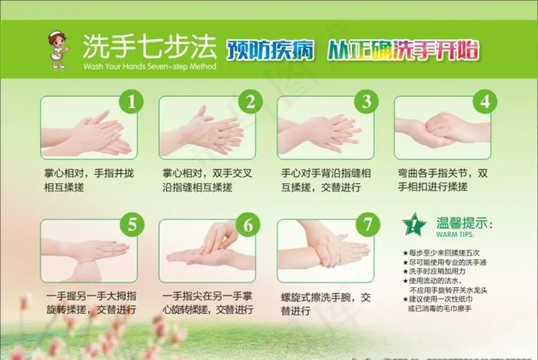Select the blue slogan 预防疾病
point(270,50)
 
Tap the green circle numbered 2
point(249,101)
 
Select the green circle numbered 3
point(367,101)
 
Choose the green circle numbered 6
point(249,225)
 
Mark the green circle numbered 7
point(367,225)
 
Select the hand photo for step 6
point(206,249)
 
